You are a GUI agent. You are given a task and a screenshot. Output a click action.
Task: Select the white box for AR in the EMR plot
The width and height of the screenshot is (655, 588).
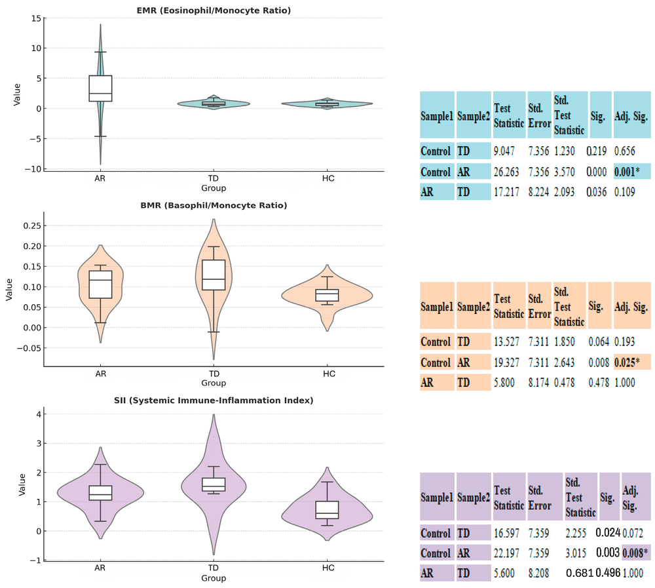[101, 88]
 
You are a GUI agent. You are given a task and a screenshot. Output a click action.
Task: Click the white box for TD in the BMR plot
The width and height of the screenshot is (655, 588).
[214, 275]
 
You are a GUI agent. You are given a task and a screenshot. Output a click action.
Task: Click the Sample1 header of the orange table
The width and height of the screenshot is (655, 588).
[436, 306]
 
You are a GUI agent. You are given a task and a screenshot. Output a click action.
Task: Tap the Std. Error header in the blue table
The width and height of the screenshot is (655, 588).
[538, 115]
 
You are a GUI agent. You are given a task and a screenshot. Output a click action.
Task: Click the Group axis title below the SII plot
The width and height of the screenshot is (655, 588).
[214, 578]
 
